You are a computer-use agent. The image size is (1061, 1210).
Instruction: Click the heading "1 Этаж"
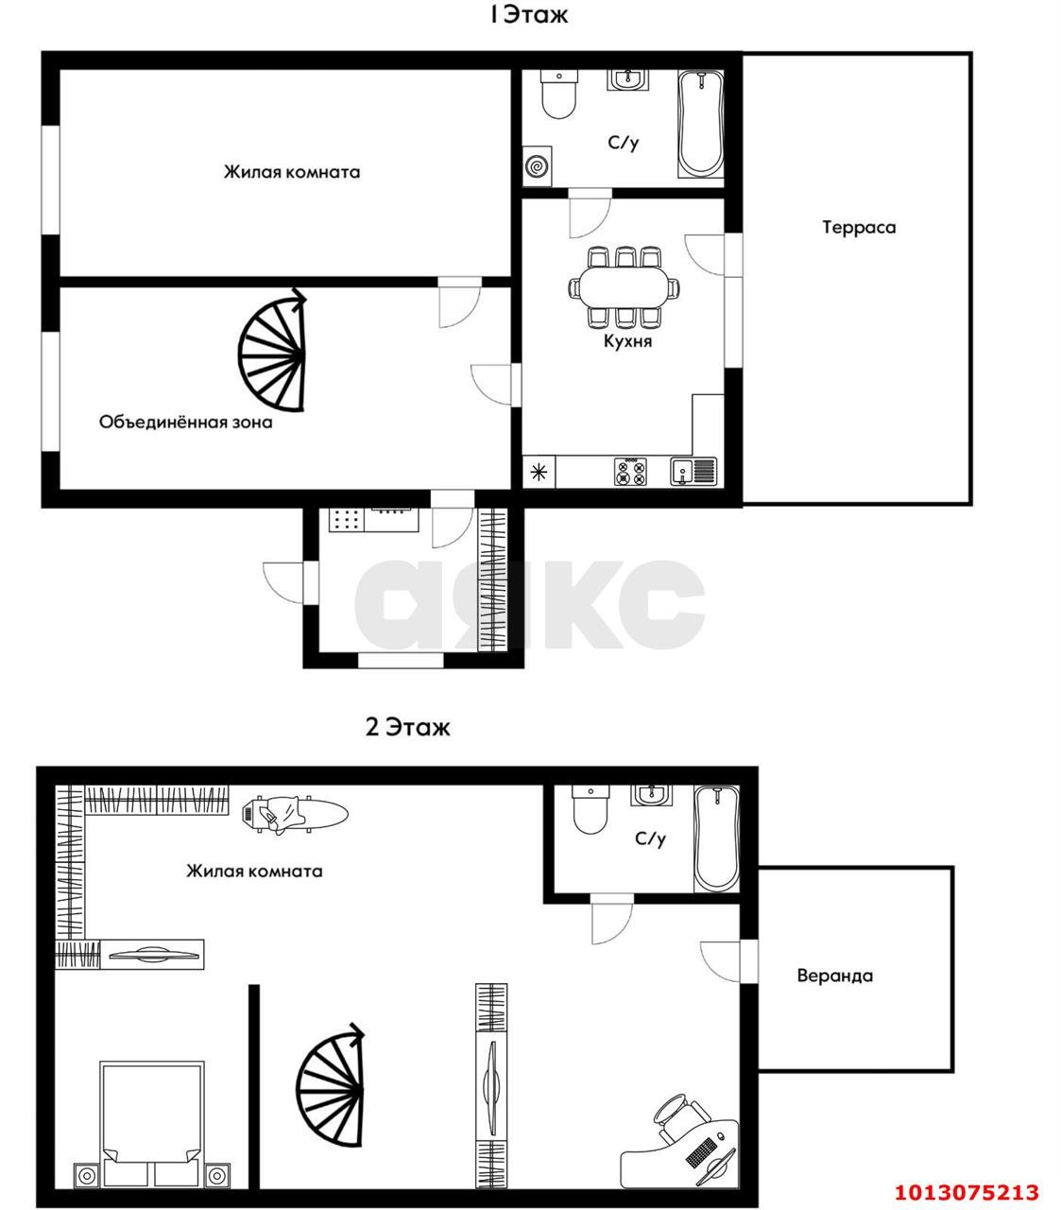529,16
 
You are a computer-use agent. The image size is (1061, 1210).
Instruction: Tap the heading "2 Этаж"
408,728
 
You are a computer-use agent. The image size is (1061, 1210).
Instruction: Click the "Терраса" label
859,228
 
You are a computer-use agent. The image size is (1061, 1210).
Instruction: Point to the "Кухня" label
627,341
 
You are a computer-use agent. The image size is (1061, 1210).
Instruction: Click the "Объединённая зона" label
186,423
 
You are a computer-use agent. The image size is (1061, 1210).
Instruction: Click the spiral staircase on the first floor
272,351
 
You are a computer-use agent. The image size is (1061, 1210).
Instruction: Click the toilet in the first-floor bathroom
559,94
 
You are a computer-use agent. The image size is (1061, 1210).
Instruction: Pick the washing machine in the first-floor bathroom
538,165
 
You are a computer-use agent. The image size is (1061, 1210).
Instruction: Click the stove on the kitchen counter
630,471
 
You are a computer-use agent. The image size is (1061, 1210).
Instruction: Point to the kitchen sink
693,471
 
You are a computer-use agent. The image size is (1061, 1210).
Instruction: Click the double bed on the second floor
152,1123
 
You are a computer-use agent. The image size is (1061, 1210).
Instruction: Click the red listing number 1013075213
967,1175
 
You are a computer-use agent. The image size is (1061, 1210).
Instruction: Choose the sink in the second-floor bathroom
652,796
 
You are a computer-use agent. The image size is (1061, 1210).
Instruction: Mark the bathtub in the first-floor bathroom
701,124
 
